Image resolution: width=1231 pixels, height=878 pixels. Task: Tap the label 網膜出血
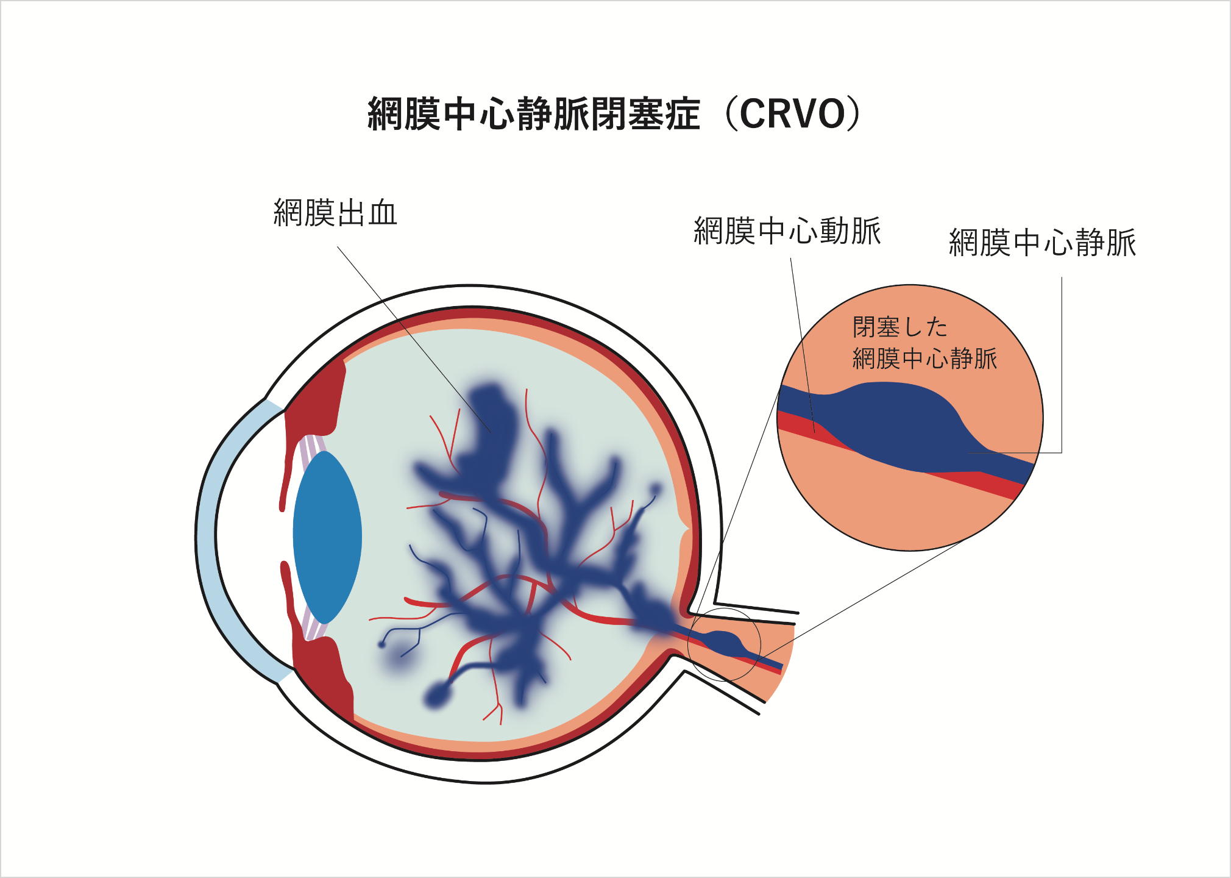coord(335,213)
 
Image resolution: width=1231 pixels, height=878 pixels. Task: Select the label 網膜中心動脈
coord(787,231)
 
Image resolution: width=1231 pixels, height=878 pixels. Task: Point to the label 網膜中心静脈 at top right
coord(1042,243)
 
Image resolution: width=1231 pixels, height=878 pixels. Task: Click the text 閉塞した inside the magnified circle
coord(899,327)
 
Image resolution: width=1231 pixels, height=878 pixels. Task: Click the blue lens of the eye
coord(327,537)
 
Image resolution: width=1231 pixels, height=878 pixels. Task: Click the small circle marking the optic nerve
coord(724,644)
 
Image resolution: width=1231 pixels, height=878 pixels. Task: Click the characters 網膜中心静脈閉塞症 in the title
coord(534,114)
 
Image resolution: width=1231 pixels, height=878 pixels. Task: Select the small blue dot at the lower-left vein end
coord(382,644)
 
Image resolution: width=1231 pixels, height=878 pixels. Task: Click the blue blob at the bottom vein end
coord(436,695)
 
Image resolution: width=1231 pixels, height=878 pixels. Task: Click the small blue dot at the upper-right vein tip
coord(656,489)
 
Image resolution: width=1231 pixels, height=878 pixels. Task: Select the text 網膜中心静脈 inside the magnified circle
coord(924,359)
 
